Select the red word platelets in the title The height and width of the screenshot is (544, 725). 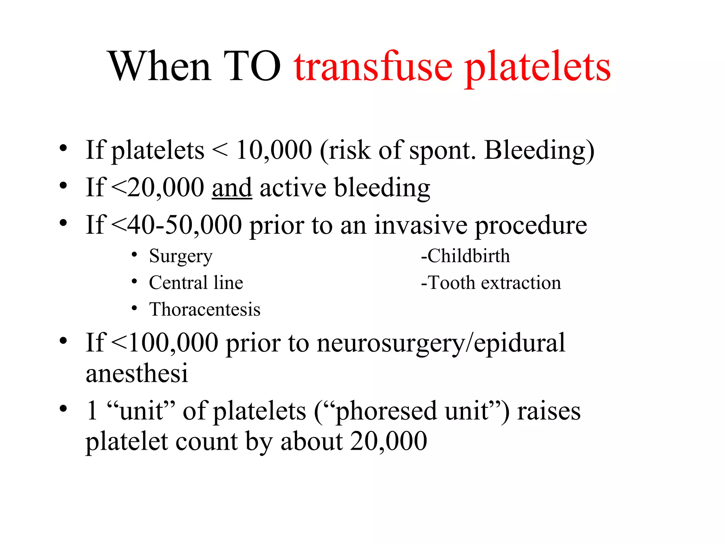point(538,68)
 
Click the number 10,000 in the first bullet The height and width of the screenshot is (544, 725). point(274,150)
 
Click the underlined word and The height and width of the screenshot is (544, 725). point(232,188)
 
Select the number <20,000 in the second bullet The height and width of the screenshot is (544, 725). point(158,188)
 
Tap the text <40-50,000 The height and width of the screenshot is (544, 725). point(177,225)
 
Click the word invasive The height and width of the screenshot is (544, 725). point(421,225)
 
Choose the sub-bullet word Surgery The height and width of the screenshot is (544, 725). point(181,256)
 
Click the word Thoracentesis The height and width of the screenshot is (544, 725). point(205,309)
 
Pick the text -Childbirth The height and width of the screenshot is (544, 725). point(465,256)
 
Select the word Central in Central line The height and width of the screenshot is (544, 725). point(178,283)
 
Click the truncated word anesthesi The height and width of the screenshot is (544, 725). point(137,373)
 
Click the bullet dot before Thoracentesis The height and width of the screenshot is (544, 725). point(134,308)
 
